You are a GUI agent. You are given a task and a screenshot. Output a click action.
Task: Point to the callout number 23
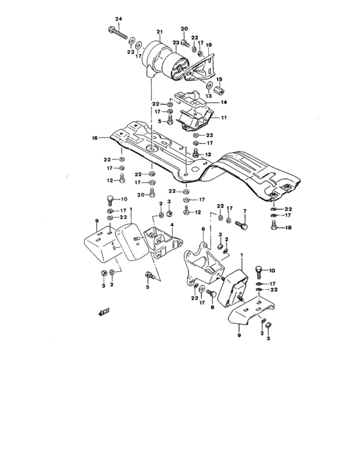pos(175,43)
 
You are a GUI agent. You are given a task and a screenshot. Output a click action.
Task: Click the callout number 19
pos(208,46)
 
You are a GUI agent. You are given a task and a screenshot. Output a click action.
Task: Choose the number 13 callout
pos(208,96)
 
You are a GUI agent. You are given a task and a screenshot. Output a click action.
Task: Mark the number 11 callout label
pos(225,118)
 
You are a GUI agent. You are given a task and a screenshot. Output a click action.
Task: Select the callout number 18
pos(288,228)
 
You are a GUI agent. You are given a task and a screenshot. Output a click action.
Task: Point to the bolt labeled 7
pos(240,226)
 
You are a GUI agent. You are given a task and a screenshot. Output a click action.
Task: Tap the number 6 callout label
pos(203,228)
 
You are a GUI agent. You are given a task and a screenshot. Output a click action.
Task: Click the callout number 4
pos(171,224)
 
